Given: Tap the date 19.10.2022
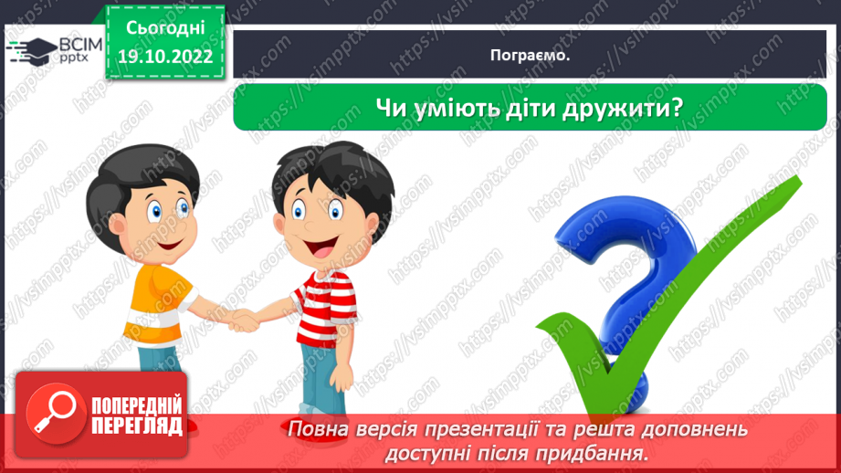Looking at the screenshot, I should (165, 57).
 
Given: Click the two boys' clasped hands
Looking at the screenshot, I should (244, 320).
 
